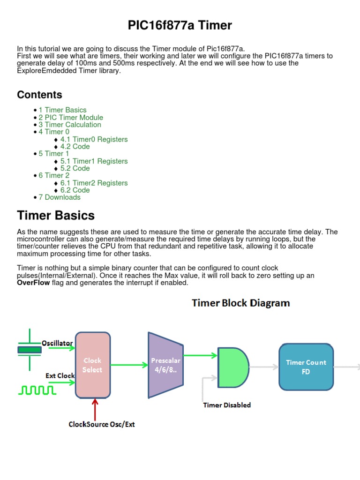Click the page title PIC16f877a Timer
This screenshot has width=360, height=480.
[180, 25]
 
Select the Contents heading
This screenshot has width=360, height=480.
[39, 95]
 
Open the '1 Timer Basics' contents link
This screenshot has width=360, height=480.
[62, 110]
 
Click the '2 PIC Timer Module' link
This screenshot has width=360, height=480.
[71, 118]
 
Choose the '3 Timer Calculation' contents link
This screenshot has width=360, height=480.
[70, 125]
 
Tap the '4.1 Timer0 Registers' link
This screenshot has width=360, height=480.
[94, 139]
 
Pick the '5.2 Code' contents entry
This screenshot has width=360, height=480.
[75, 168]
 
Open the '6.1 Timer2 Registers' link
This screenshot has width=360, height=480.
[94, 183]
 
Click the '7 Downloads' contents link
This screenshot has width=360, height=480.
[60, 197]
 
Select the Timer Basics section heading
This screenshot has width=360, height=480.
[56, 216]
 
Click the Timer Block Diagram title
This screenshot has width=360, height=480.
[241, 303]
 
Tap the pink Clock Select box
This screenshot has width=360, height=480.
[93, 365]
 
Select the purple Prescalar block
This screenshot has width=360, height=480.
[165, 365]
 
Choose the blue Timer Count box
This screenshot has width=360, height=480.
[306, 367]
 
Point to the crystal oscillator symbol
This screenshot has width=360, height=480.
[30, 349]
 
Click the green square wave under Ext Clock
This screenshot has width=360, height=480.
[32, 390]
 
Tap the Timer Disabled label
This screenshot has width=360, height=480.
[227, 405]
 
